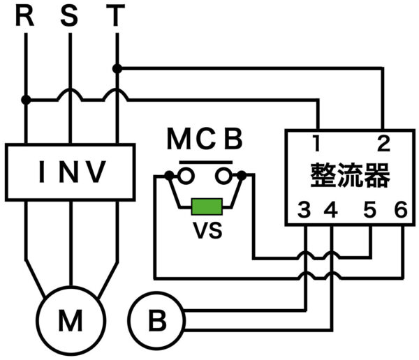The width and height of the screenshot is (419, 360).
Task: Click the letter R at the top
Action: click(25, 16)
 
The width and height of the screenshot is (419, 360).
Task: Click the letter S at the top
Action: click(70, 16)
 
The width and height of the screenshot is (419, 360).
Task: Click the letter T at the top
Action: click(116, 16)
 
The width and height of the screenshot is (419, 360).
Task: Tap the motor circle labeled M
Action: click(71, 322)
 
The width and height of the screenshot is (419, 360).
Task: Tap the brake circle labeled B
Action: click(158, 322)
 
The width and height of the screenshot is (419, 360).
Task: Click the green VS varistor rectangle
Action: click(207, 207)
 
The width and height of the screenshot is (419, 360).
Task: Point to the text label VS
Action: click(207, 230)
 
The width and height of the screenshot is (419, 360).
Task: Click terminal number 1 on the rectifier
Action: click(316, 144)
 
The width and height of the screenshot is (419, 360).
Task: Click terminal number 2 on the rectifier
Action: click(383, 144)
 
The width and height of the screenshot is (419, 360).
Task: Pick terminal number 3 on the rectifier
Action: click(304, 209)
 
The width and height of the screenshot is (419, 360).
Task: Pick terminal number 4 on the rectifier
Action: click(331, 209)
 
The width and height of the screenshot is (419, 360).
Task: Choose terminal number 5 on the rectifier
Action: click(370, 209)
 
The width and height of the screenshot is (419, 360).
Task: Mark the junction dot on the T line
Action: click(117, 68)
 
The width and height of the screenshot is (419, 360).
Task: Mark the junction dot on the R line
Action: click(25, 100)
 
